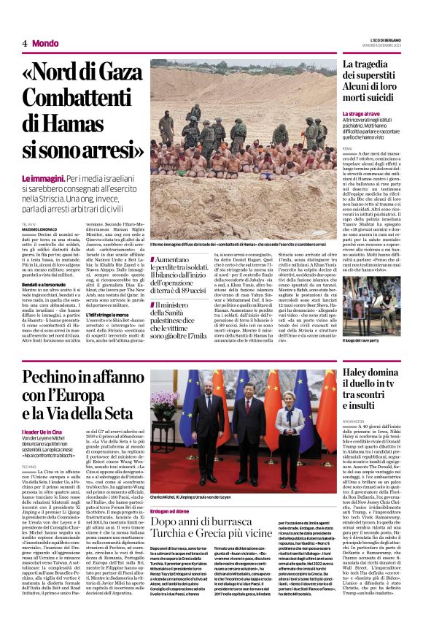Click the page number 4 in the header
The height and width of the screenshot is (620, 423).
click(25, 43)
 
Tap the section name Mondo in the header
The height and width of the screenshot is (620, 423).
click(46, 43)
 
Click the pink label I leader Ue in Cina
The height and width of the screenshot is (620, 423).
click(44, 431)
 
